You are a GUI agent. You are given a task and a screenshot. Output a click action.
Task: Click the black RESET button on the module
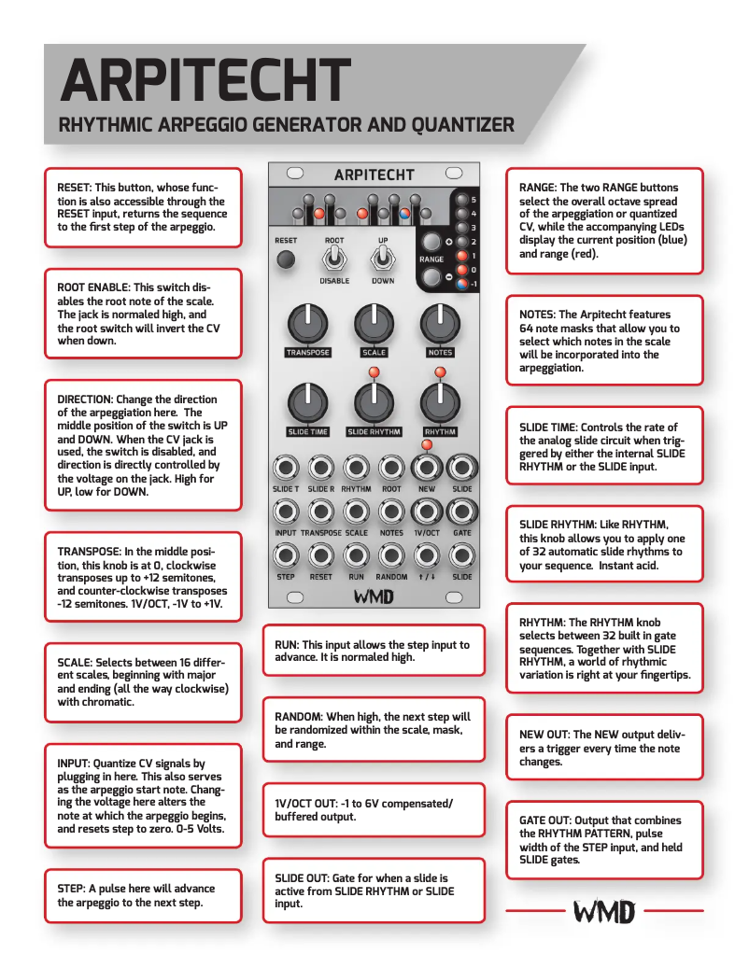(287, 260)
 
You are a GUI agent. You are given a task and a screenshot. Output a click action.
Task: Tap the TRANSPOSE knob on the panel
(307, 323)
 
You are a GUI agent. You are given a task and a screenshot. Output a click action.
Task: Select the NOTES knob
(439, 323)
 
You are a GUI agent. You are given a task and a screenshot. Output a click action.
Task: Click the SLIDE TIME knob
(307, 402)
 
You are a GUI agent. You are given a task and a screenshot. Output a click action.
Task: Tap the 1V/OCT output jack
(427, 511)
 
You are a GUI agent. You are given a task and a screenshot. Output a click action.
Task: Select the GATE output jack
(461, 511)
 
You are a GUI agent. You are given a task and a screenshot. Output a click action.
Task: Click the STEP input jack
(286, 555)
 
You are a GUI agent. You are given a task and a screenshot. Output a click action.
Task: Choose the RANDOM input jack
(391, 555)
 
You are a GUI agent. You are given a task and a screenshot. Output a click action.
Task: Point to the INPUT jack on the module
(286, 511)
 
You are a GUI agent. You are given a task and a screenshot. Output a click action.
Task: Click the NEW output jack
(427, 467)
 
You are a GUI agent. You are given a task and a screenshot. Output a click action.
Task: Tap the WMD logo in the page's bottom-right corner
(604, 911)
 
